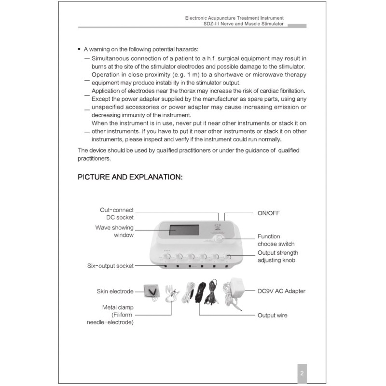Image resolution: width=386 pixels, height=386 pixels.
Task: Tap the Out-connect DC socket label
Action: [x=116, y=214]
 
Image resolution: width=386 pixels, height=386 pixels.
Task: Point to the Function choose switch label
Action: [x=276, y=240]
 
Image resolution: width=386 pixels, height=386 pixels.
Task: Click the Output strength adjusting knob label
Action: [x=277, y=257]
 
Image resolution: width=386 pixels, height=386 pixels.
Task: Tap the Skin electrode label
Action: [x=115, y=291]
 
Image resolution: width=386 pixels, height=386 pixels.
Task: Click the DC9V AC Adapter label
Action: [x=281, y=291]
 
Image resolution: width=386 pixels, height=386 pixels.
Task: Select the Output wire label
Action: [x=273, y=315]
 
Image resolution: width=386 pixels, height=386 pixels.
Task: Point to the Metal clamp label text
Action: [x=118, y=307]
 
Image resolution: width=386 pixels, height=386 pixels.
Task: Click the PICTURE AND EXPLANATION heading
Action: [x=130, y=177]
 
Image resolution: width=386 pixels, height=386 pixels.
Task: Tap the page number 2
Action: [x=301, y=373]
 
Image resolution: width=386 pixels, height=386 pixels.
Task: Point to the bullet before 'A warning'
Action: [x=79, y=49]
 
